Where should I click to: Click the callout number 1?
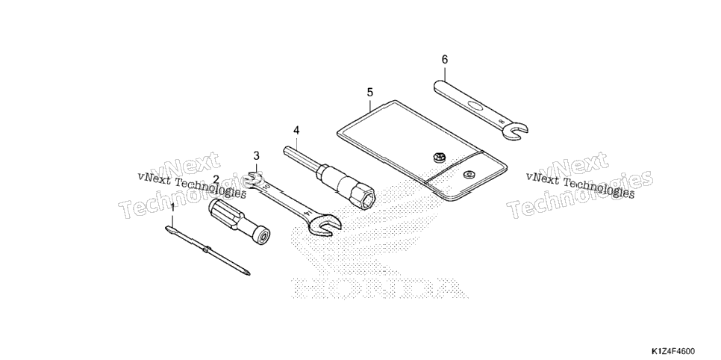click(x=172, y=208)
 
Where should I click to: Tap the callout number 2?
click(x=216, y=180)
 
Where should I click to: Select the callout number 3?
click(x=256, y=155)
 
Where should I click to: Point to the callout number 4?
click(x=296, y=130)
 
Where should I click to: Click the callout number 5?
click(x=370, y=93)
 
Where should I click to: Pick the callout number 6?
click(x=445, y=60)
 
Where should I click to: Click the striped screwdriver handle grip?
click(x=224, y=214)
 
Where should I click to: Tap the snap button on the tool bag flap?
click(x=469, y=173)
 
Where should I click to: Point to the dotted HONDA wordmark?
click(x=379, y=288)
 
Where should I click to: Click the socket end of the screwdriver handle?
click(x=263, y=236)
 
